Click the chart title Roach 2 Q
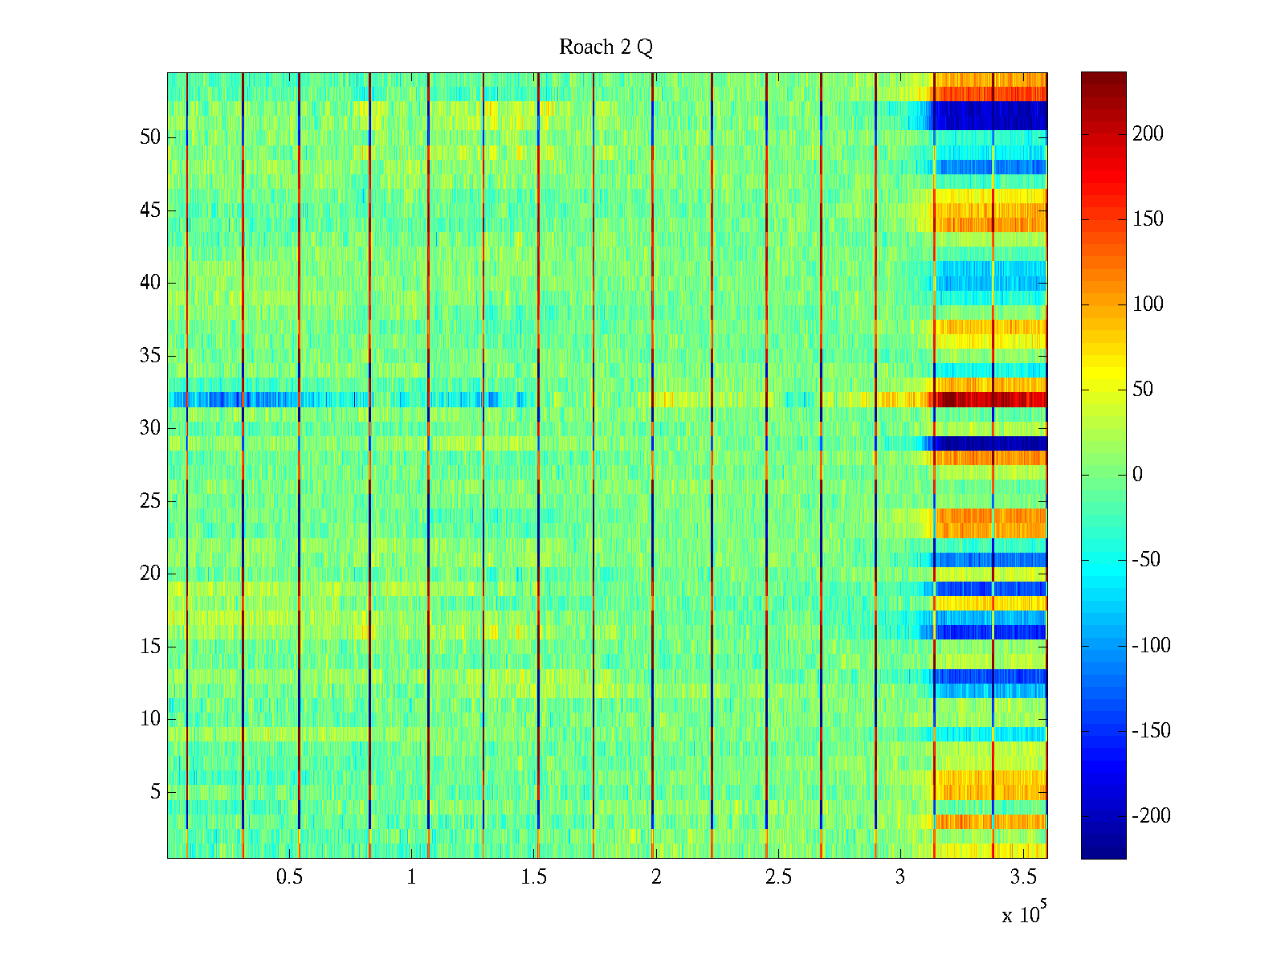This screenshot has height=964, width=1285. (x=606, y=47)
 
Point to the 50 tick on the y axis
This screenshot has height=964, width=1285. (x=150, y=137)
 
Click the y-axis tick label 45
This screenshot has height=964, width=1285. (x=150, y=210)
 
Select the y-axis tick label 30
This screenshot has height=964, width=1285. (x=150, y=428)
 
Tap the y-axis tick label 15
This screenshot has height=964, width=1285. (x=150, y=647)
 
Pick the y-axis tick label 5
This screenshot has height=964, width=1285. (x=155, y=792)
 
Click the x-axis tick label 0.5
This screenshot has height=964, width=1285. (x=289, y=877)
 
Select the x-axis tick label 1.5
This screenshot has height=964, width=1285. (x=534, y=877)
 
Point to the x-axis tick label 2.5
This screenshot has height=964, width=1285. (x=778, y=877)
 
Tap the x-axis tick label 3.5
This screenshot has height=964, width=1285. (x=1022, y=877)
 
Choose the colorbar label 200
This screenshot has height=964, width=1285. (x=1148, y=134)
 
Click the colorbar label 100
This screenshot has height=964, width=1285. (x=1148, y=304)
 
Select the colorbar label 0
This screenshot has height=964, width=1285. (x=1137, y=475)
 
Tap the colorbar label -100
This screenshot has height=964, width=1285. (x=1151, y=645)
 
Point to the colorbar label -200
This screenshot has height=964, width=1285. (x=1151, y=816)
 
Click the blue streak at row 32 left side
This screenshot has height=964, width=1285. (x=217, y=399)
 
